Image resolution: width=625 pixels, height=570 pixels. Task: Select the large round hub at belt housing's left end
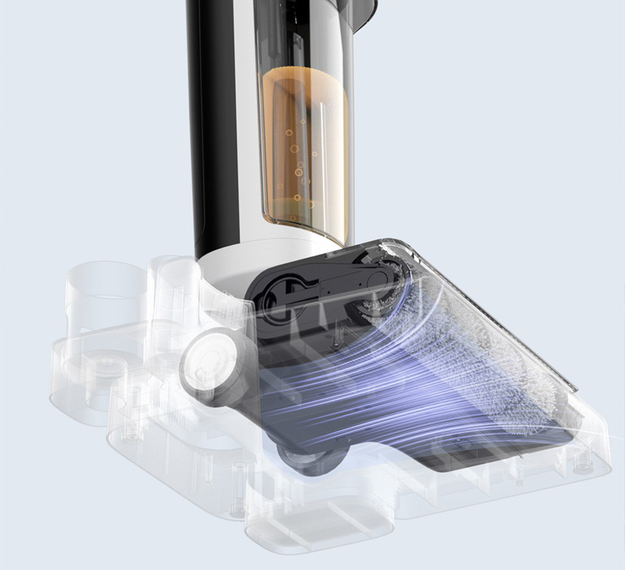click(278, 296)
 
